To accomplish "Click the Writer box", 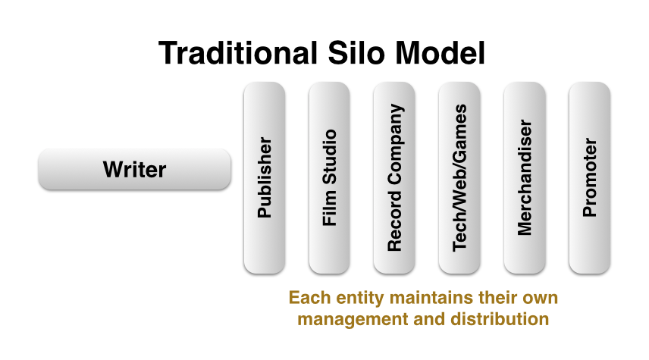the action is tap(134, 169).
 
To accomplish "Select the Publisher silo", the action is tap(265, 177).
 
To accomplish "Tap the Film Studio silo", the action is tap(330, 177).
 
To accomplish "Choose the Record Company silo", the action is tap(394, 177).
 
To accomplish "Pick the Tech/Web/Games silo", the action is tap(459, 177).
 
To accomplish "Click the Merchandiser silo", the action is tap(525, 177).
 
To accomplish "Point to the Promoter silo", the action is tap(590, 177).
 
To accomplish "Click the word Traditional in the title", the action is tap(238, 53).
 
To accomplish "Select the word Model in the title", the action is tap(440, 53).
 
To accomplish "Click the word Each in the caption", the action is tap(310, 298).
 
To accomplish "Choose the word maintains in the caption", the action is tap(431, 298).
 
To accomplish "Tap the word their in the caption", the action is tap(498, 298).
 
